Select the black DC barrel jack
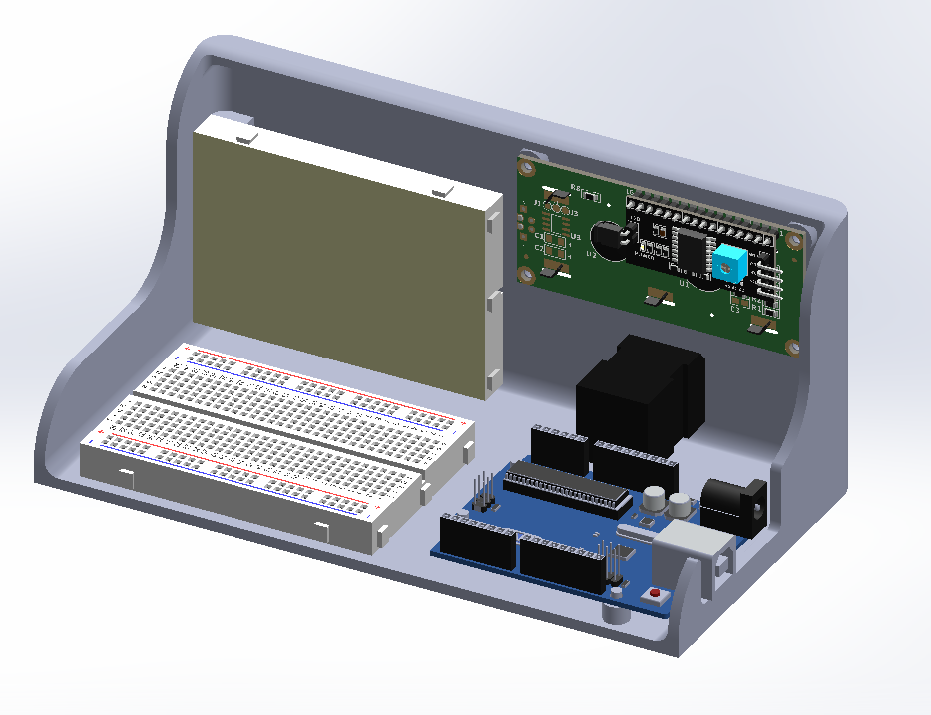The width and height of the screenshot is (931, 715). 734,500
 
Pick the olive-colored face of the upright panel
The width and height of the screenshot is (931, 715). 339,260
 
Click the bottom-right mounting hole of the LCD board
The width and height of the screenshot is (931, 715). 792,347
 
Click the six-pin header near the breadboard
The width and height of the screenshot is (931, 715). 484,494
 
